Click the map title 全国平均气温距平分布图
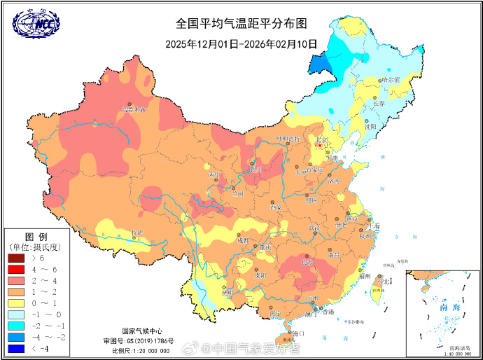241,23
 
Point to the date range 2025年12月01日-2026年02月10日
241,43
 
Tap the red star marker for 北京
318,145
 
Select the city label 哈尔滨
391,80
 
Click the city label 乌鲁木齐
134,109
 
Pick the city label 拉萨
137,232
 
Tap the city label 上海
375,226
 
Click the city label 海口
299,333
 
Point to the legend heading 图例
36,237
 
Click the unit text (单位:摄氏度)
36,247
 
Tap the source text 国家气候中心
143,331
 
